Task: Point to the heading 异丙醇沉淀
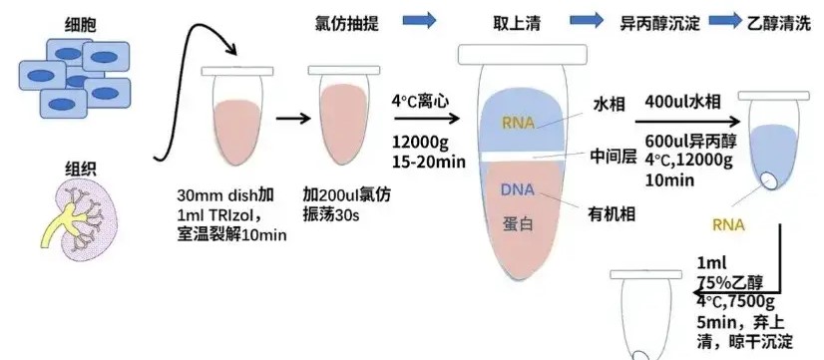tap(659, 22)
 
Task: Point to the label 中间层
tap(613, 157)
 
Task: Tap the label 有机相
tap(613, 211)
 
